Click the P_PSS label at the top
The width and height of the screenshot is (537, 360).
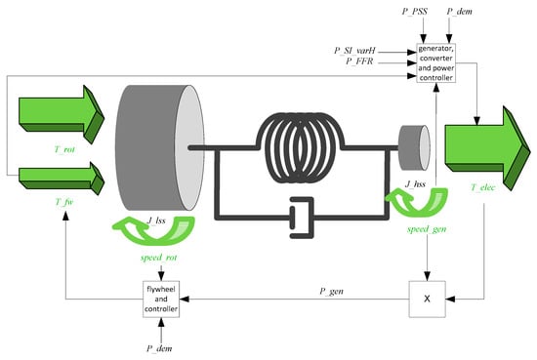(415, 12)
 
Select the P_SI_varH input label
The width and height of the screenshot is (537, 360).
(354, 51)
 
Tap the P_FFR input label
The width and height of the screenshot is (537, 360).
(359, 61)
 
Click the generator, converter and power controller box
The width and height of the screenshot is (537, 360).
(436, 63)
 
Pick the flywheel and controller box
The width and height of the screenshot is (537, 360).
(161, 300)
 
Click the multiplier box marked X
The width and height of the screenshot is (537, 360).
(427, 300)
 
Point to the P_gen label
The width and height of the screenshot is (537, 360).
(331, 291)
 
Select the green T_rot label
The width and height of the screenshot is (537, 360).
(64, 149)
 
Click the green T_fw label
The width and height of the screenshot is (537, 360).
(64, 202)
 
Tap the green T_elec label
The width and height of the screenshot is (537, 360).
(483, 187)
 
